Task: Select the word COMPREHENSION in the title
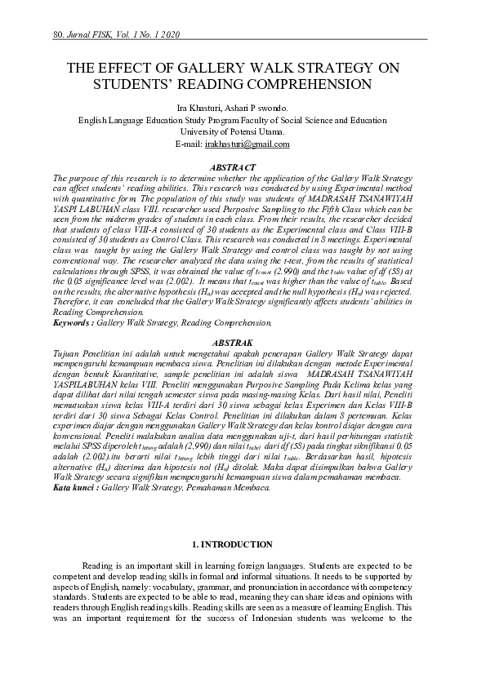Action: coord(301,83)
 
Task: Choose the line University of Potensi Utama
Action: coord(243,131)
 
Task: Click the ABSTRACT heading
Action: coord(243,166)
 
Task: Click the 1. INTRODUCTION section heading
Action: coord(243,544)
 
